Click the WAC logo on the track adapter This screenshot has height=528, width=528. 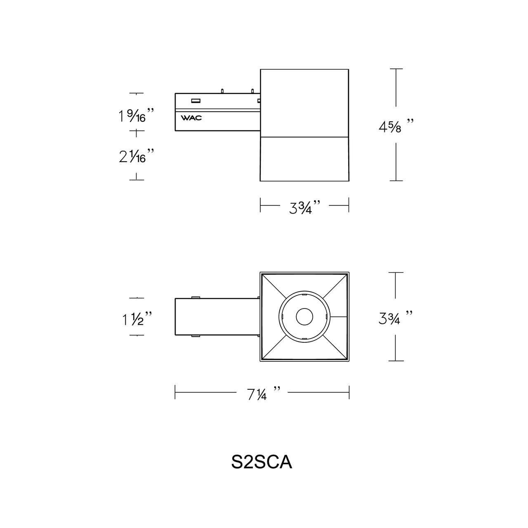(x=191, y=118)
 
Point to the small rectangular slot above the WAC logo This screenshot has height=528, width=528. (x=195, y=100)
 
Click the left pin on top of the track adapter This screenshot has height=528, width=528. (x=222, y=90)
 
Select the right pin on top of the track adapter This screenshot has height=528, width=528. (x=251, y=90)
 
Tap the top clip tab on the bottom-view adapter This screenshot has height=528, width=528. (x=196, y=297)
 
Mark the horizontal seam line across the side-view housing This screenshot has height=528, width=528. (x=304, y=137)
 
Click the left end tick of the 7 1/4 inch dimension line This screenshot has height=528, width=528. (x=175, y=392)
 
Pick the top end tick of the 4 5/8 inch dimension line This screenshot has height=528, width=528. (x=396, y=69)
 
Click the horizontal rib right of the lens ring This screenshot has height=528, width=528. (x=339, y=317)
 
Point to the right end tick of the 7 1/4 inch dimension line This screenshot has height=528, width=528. (x=349, y=392)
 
